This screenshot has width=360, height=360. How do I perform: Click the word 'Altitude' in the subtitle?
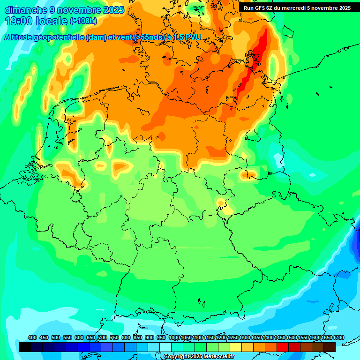(x=22, y=37)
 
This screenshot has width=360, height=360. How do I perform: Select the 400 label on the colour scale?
(x=32, y=337)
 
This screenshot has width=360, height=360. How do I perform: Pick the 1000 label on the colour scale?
(x=174, y=337)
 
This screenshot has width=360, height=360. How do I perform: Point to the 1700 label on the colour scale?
(x=338, y=337)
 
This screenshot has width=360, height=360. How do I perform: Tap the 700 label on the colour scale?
(x=103, y=337)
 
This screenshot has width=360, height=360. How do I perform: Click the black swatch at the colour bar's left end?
(x=25, y=347)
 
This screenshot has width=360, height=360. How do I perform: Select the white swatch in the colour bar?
(x=165, y=347)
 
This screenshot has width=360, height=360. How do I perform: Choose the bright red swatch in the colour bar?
(x=283, y=347)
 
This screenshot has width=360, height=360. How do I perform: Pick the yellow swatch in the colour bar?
(x=236, y=347)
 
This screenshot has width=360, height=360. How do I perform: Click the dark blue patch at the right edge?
(x=354, y=253)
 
